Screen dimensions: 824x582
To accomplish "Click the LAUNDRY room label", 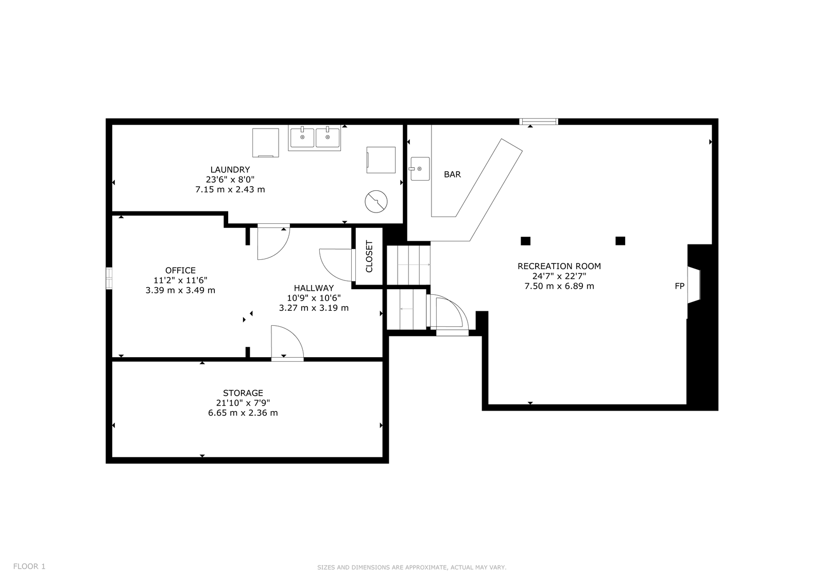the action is coord(230,169).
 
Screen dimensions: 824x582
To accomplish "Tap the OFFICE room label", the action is coord(180,270).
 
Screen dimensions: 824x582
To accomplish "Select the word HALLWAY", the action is coord(314,288).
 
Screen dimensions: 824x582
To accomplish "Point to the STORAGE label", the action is coord(243,393).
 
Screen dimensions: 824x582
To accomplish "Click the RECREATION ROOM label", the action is coord(559,266).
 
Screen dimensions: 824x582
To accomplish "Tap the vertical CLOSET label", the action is coord(369,256).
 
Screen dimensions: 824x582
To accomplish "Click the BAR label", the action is coord(452,174).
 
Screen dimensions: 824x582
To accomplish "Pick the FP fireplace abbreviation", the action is coord(679,286).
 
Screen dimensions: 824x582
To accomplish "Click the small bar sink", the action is coord(420,169).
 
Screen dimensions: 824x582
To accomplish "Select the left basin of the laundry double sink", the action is coord(302,137).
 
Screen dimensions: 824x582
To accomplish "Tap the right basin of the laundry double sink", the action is coord(328,137).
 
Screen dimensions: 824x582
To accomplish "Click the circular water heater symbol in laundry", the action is coord(376,202).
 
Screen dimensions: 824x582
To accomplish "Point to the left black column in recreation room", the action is coord(525,241).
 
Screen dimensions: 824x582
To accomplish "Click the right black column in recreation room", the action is coord(620,241).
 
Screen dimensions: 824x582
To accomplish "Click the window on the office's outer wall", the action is coord(109,278).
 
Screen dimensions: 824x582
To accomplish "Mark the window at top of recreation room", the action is coord(539,121).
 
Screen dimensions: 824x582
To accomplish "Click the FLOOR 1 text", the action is coord(29,566).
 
